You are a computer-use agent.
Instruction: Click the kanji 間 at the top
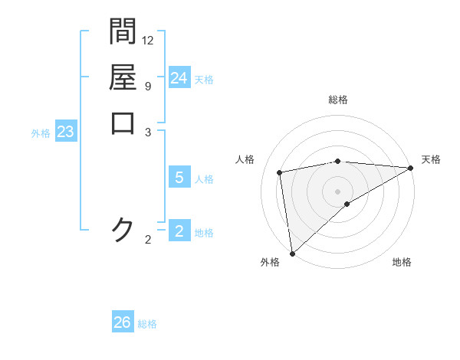point(123,31)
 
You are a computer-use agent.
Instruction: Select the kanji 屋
point(123,77)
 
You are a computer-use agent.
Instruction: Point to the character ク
point(123,229)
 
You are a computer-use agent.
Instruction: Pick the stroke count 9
point(147,86)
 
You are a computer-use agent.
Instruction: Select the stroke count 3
point(147,132)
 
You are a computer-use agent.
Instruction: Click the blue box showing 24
point(179,78)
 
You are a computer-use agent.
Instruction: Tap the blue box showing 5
point(179,178)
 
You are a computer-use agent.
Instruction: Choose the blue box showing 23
point(66,132)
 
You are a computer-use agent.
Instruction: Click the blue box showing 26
point(123,322)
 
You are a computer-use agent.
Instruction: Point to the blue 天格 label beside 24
point(204,79)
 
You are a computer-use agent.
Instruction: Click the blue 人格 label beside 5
point(204,179)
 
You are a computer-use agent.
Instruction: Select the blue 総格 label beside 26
point(147,324)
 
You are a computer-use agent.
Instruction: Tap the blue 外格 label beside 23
point(41,133)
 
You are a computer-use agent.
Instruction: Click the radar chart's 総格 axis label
point(337,100)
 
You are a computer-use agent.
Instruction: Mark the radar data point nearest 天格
point(411,169)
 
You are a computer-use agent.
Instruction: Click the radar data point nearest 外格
point(292,253)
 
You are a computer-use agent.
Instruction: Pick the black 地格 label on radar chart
point(402,263)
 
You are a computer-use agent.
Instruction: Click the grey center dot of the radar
point(337,191)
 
